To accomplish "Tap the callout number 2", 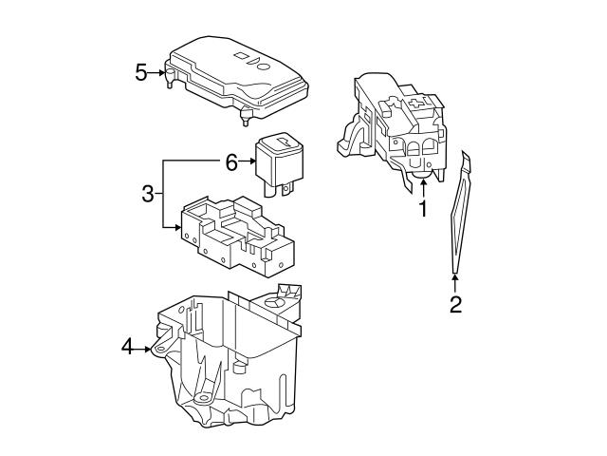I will click(455, 305).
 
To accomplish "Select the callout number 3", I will click(147, 195).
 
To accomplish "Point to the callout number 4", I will click(128, 349).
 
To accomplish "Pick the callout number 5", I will click(140, 72).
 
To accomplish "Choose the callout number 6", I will click(230, 162).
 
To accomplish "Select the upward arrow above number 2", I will click(455, 278).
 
